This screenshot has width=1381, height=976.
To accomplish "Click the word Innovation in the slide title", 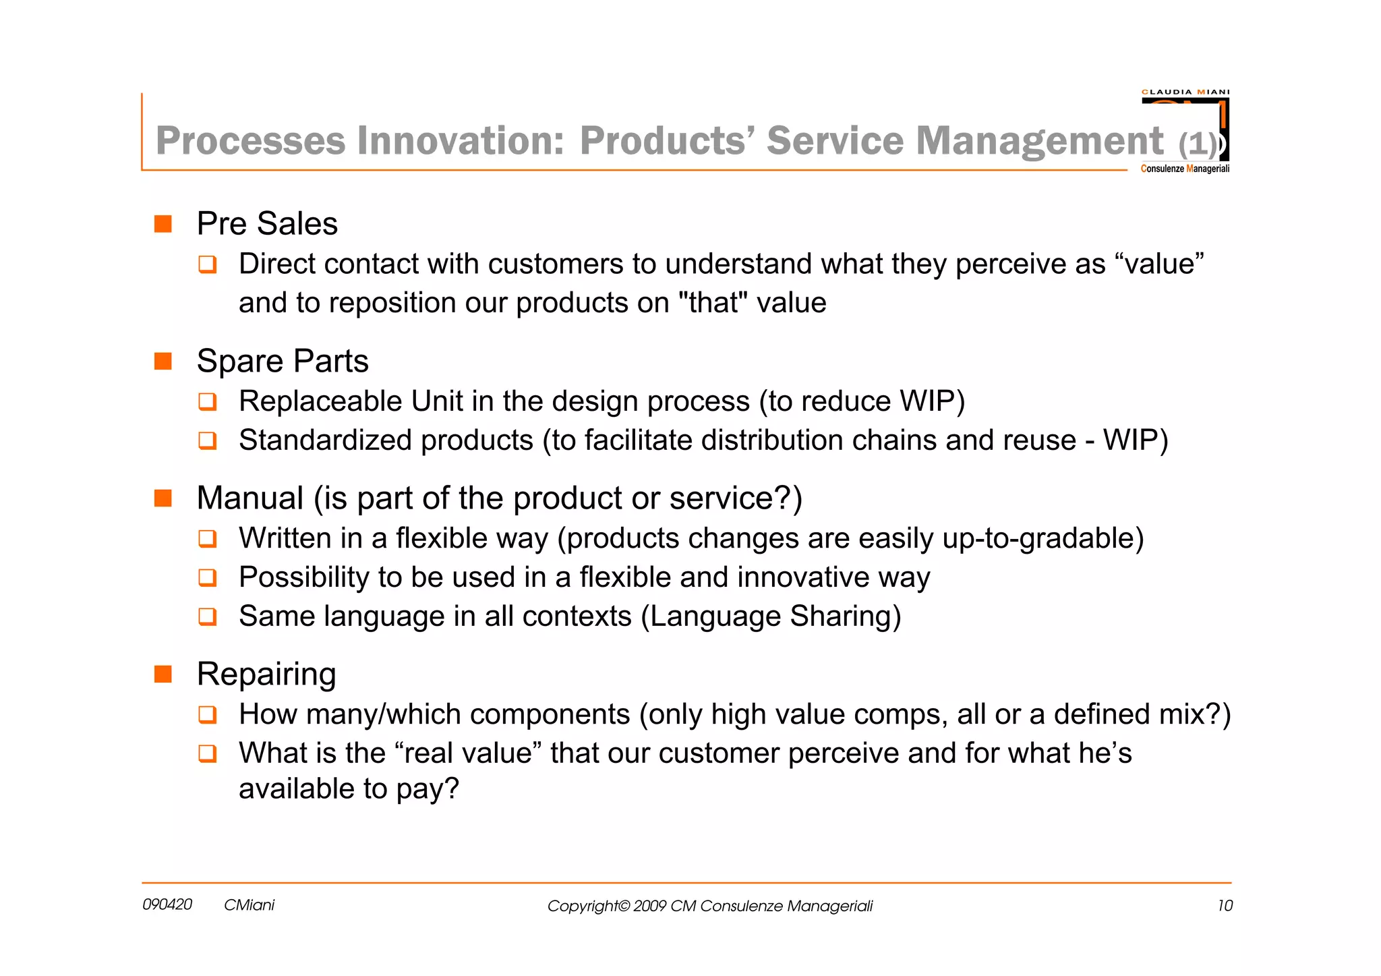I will [x=460, y=141].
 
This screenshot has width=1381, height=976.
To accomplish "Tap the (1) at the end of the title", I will [x=1198, y=144].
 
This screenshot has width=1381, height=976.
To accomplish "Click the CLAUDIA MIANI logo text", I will [x=1185, y=92].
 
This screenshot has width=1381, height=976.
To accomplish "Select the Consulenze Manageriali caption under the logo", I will [x=1185, y=169].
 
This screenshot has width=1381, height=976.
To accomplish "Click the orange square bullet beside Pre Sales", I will [x=163, y=224].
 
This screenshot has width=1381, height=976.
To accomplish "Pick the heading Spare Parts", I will [x=283, y=361].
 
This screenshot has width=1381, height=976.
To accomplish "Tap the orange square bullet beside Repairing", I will [x=163, y=674].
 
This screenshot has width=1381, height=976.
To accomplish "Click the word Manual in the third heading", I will [x=249, y=498].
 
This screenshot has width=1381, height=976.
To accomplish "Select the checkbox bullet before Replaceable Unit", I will [x=208, y=402].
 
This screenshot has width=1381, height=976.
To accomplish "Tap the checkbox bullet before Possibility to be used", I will [x=208, y=578].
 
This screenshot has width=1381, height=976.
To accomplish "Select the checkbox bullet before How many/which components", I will [x=208, y=715].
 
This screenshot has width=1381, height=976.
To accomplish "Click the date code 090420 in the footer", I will [x=167, y=905].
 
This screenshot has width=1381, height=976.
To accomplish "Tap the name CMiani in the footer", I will [x=249, y=905].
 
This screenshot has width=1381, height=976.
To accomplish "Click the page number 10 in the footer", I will [x=1225, y=906].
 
